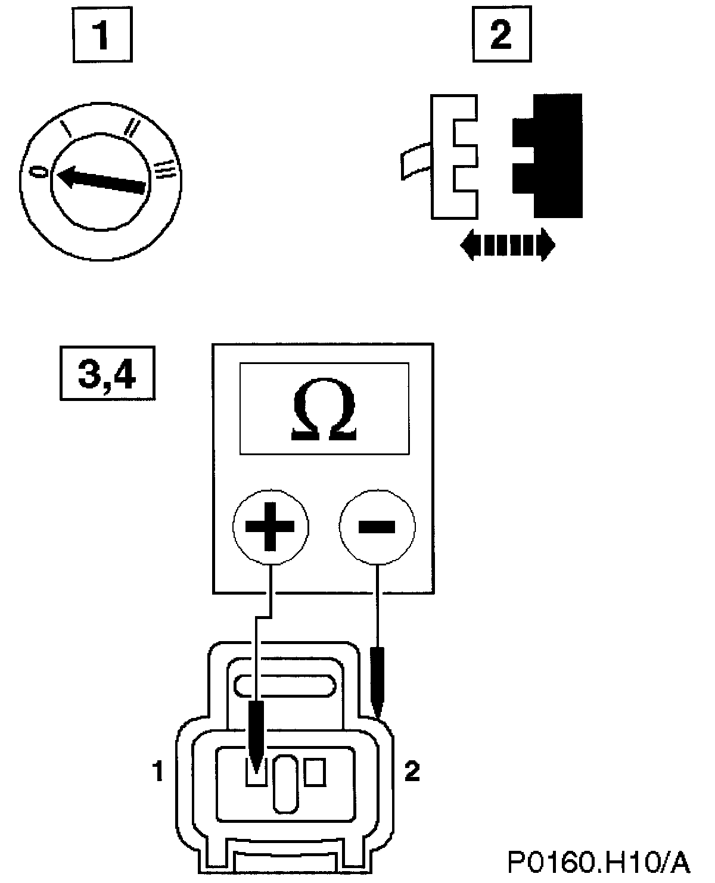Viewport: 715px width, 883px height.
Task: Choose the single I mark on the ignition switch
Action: click(69, 128)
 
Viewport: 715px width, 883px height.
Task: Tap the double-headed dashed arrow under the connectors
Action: click(508, 245)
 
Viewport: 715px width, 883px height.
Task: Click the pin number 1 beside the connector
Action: click(157, 772)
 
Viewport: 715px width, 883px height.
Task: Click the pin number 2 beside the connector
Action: click(412, 772)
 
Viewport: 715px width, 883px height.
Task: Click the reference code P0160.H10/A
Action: click(598, 860)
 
